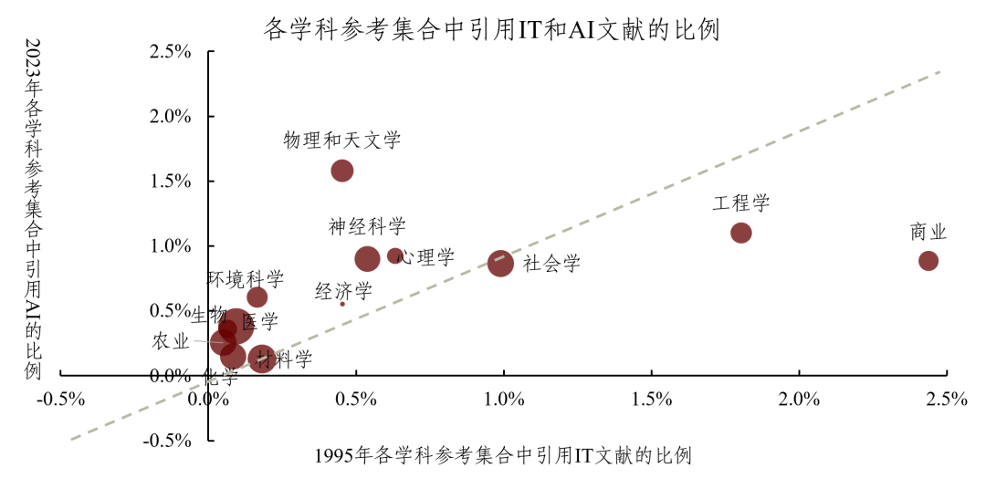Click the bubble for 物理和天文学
point(342,171)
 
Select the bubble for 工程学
point(741,233)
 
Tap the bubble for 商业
point(928,261)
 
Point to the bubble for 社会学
point(500,264)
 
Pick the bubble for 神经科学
point(367,259)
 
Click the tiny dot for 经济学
point(342,303)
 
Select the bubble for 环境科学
point(257,297)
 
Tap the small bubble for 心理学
point(394,256)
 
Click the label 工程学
point(741,203)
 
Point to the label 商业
point(928,232)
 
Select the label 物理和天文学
point(342,140)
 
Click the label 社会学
point(552,265)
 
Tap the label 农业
point(171,342)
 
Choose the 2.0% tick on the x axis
point(799,400)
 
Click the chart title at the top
point(492,30)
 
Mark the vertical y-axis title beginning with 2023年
point(35,209)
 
